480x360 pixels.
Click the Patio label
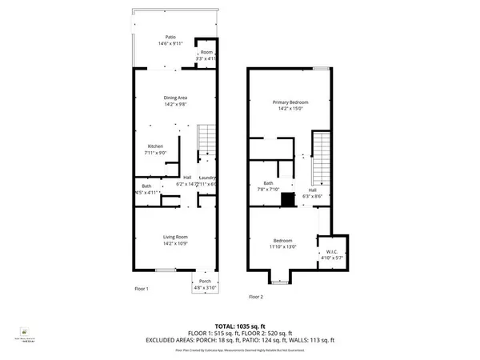(x=170, y=38)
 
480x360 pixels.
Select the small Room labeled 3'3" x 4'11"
(x=206, y=53)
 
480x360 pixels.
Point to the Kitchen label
(x=154, y=146)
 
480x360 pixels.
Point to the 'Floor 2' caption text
(x=256, y=296)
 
